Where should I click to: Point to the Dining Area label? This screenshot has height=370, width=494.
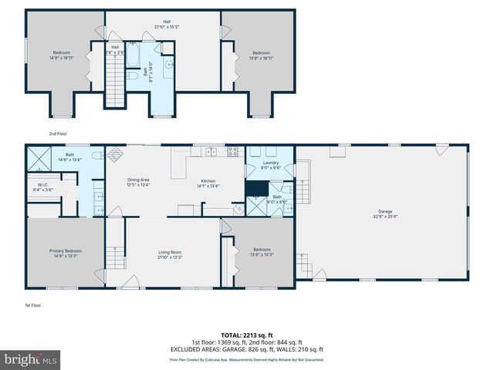(x=139, y=182)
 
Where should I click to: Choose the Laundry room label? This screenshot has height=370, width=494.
(x=270, y=164)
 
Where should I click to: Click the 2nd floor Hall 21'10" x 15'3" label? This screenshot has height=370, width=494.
(x=167, y=24)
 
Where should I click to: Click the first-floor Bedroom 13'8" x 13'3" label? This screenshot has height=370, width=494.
(x=262, y=251)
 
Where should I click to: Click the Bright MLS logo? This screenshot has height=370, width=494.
(x=30, y=359)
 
